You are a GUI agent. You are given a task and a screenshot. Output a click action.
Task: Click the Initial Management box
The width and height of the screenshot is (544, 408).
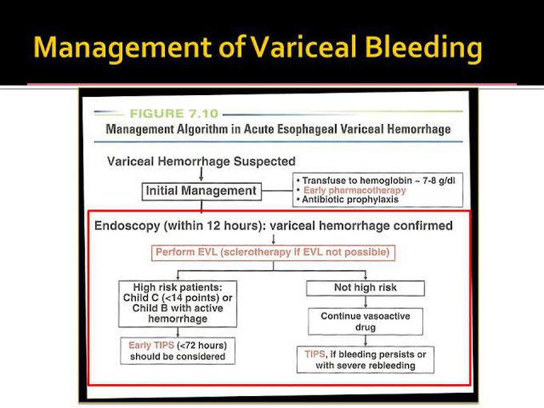click(x=201, y=191)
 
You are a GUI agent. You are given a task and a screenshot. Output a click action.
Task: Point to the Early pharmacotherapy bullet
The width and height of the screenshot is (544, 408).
click(x=354, y=190)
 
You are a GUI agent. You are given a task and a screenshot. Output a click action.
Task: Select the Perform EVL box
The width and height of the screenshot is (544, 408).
click(x=274, y=253)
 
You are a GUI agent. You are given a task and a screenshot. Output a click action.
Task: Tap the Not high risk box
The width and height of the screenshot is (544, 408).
click(x=365, y=287)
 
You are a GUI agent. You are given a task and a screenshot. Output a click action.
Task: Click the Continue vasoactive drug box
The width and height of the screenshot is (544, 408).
click(x=365, y=322)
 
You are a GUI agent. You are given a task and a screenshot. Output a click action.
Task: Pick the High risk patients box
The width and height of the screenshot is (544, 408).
click(x=178, y=302)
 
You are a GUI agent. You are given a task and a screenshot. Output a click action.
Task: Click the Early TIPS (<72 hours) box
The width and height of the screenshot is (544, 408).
click(x=178, y=351)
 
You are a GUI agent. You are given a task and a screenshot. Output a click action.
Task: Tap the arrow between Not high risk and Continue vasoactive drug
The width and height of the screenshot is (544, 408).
click(x=365, y=302)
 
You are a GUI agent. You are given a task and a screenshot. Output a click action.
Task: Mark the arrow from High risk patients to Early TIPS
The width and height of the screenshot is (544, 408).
click(x=178, y=332)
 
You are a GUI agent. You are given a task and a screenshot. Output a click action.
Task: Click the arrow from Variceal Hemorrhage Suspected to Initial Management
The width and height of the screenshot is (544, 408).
click(x=201, y=174)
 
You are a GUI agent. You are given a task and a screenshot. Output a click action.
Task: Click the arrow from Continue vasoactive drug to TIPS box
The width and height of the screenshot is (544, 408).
click(x=365, y=341)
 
